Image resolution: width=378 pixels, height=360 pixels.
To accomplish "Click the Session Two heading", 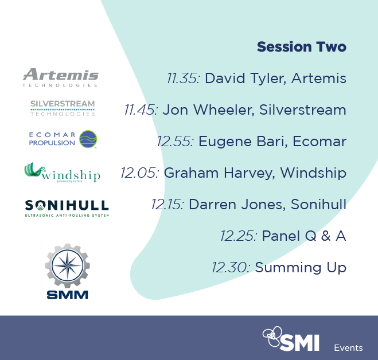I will click(301, 47).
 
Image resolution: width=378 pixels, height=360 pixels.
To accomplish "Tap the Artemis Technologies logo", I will click(60, 77).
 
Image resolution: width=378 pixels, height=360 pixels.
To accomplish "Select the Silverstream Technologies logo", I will click(63, 107).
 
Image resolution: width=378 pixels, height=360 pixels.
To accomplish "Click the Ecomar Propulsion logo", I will click(63, 139).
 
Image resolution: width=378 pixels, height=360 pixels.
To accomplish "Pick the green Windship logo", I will click(62, 172).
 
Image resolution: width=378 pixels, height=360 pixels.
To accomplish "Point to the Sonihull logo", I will click(67, 207).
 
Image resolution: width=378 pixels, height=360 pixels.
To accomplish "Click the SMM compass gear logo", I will click(67, 271).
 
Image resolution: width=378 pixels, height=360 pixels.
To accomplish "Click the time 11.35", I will click(183, 79).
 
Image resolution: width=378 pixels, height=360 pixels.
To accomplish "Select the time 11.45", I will click(141, 110).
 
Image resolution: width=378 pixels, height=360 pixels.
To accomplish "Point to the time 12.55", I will click(175, 142).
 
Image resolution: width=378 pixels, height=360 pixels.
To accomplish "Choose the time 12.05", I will click(140, 173).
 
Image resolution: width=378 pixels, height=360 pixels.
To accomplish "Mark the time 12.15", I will click(167, 205).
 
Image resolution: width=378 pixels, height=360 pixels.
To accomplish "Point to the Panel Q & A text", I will click(303, 236).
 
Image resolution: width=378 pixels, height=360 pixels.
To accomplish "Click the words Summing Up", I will click(300, 267).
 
